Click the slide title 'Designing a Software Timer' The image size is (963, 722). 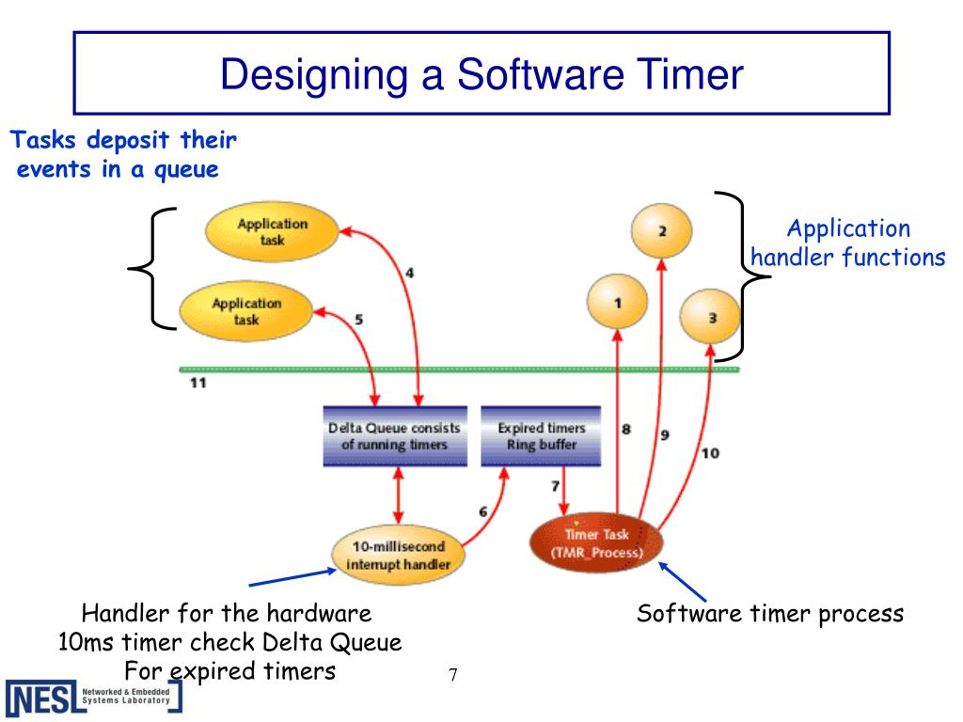[x=481, y=74]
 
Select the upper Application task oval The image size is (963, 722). [x=259, y=231]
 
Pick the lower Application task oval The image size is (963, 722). [x=246, y=311]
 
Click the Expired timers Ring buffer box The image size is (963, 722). [x=540, y=436]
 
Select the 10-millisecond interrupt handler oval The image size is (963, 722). [x=401, y=555]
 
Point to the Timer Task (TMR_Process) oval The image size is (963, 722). [x=596, y=543]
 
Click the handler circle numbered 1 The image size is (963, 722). [x=618, y=303]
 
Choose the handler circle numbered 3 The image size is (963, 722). [x=711, y=318]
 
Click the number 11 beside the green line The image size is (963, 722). [x=197, y=383]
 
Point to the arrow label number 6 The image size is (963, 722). [x=482, y=511]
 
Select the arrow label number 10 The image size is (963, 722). [x=710, y=453]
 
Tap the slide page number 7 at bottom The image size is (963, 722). [x=452, y=675]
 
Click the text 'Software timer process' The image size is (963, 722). [x=770, y=614]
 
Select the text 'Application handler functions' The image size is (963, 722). [x=848, y=243]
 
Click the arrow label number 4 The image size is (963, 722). [x=409, y=274]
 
